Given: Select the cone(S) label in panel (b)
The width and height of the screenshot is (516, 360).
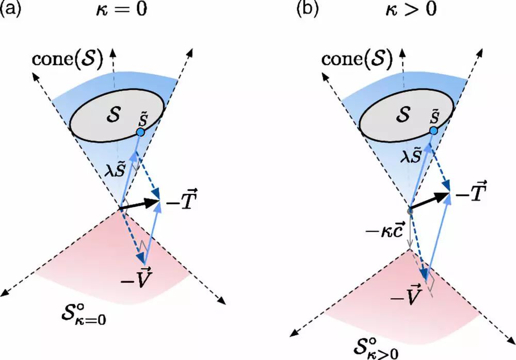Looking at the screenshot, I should tap(356, 59).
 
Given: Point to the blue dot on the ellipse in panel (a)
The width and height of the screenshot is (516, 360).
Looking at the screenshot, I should tap(140, 133).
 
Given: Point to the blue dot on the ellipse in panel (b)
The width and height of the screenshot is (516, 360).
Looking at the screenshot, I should tap(434, 132).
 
